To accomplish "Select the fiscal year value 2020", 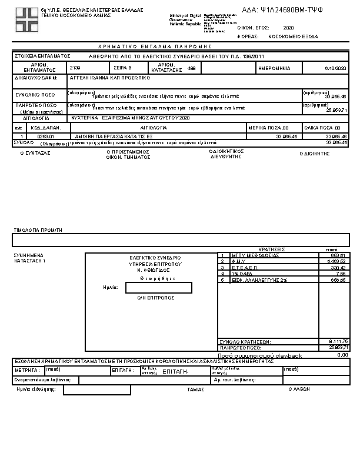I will pos(288,28).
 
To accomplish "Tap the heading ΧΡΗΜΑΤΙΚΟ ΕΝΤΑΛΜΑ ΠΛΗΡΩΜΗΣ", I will pos(155,46).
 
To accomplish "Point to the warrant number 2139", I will pos(75,68).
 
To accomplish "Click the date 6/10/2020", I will pos(336,68).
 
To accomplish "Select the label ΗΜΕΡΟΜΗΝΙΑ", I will pos(274,68).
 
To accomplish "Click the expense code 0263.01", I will pos(45,136).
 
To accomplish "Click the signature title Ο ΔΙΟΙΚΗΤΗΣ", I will pos(314,153).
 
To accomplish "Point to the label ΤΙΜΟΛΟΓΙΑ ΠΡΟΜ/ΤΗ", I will pos(38,230).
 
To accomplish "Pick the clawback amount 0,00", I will pos(342,355).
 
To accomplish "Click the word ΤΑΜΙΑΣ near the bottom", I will pos(195,390).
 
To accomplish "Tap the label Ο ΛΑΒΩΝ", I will pos(299,390).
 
